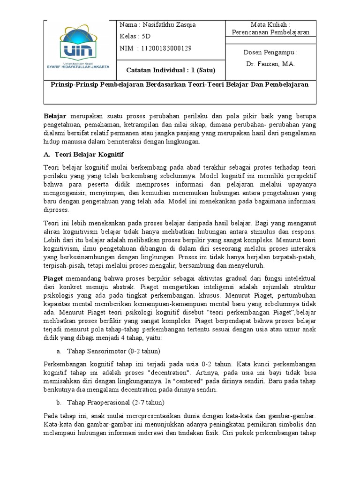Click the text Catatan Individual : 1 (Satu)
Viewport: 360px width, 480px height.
coord(171,70)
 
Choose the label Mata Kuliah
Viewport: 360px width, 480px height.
coord(270,24)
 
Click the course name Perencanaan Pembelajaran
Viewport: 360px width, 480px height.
coord(270,32)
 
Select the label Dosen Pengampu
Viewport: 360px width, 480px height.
coord(270,52)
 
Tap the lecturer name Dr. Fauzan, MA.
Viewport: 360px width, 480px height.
coord(270,64)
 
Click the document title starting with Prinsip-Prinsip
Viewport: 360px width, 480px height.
coord(180,84)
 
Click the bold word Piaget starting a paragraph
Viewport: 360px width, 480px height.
coord(54,278)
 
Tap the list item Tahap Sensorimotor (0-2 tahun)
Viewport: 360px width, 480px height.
coord(110,351)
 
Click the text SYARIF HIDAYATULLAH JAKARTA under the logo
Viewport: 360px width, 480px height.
coord(79,67)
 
